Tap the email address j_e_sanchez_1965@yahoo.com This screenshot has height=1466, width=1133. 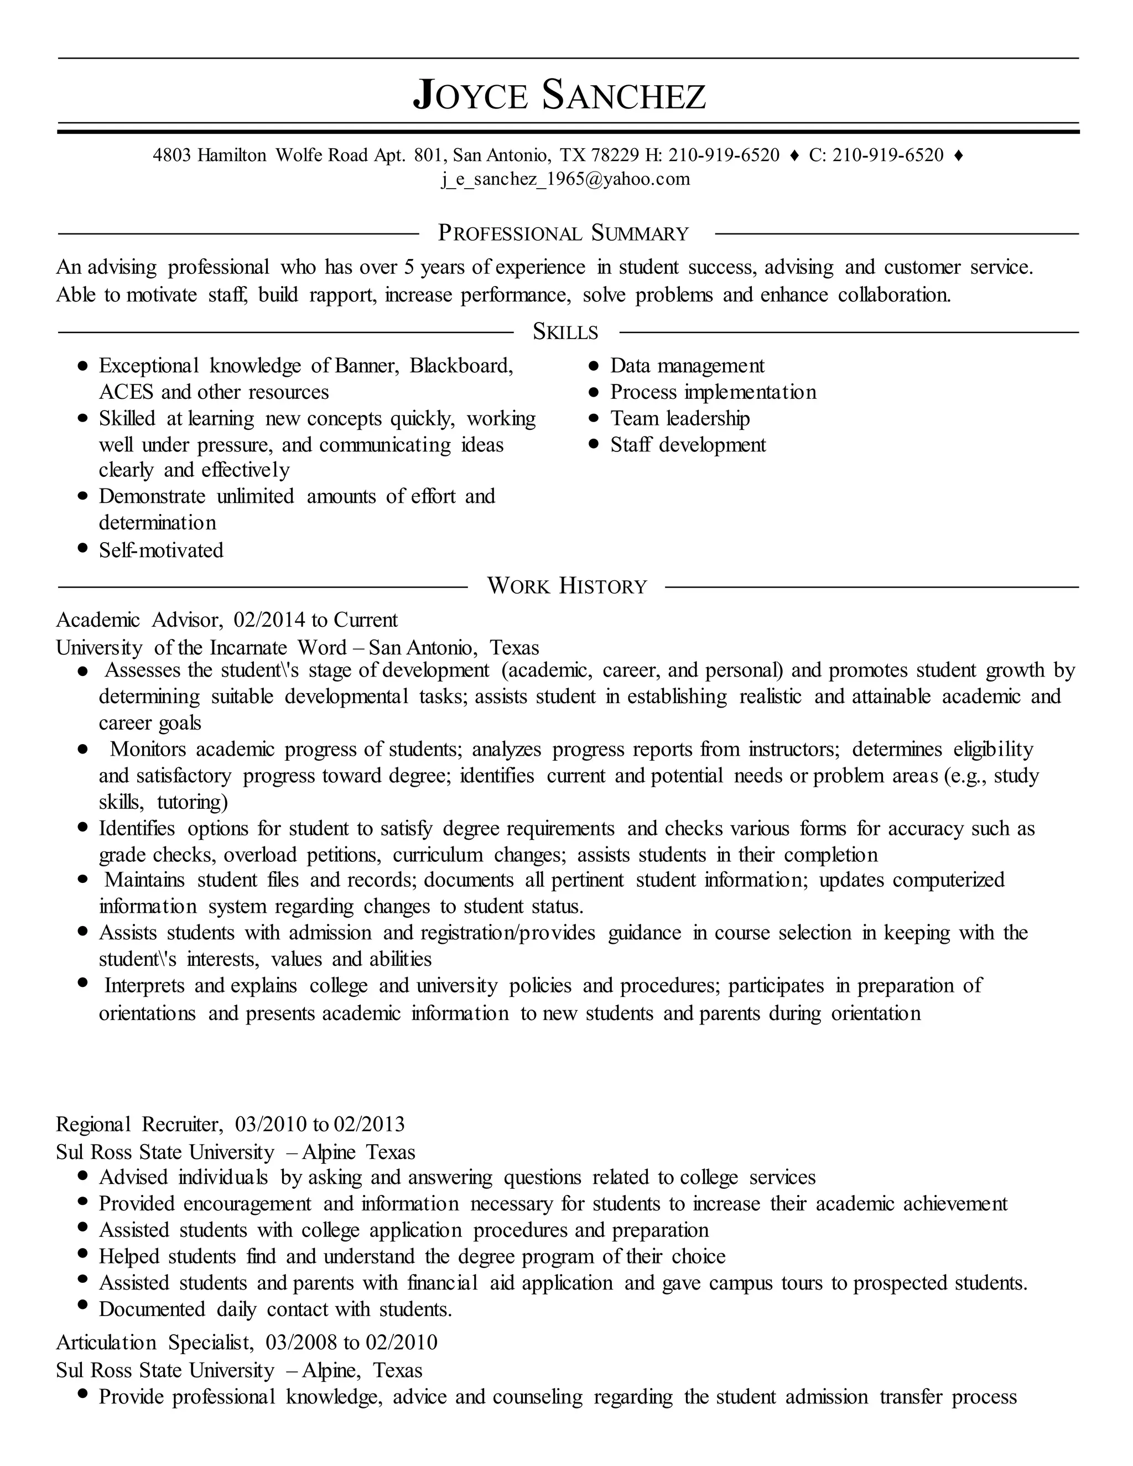pos(565,179)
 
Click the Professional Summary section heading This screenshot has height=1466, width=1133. pos(564,233)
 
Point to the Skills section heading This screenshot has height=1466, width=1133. pos(565,331)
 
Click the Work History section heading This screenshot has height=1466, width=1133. pos(566,586)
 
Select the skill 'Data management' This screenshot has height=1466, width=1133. pos(687,366)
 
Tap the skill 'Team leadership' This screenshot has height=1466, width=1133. pos(679,418)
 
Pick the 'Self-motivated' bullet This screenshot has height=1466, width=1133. pos(161,550)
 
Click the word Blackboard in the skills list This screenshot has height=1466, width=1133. pos(461,366)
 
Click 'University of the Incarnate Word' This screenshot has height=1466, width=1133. pos(201,648)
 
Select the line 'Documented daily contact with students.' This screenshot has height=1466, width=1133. pos(275,1309)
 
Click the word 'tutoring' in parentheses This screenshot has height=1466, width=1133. pos(192,802)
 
